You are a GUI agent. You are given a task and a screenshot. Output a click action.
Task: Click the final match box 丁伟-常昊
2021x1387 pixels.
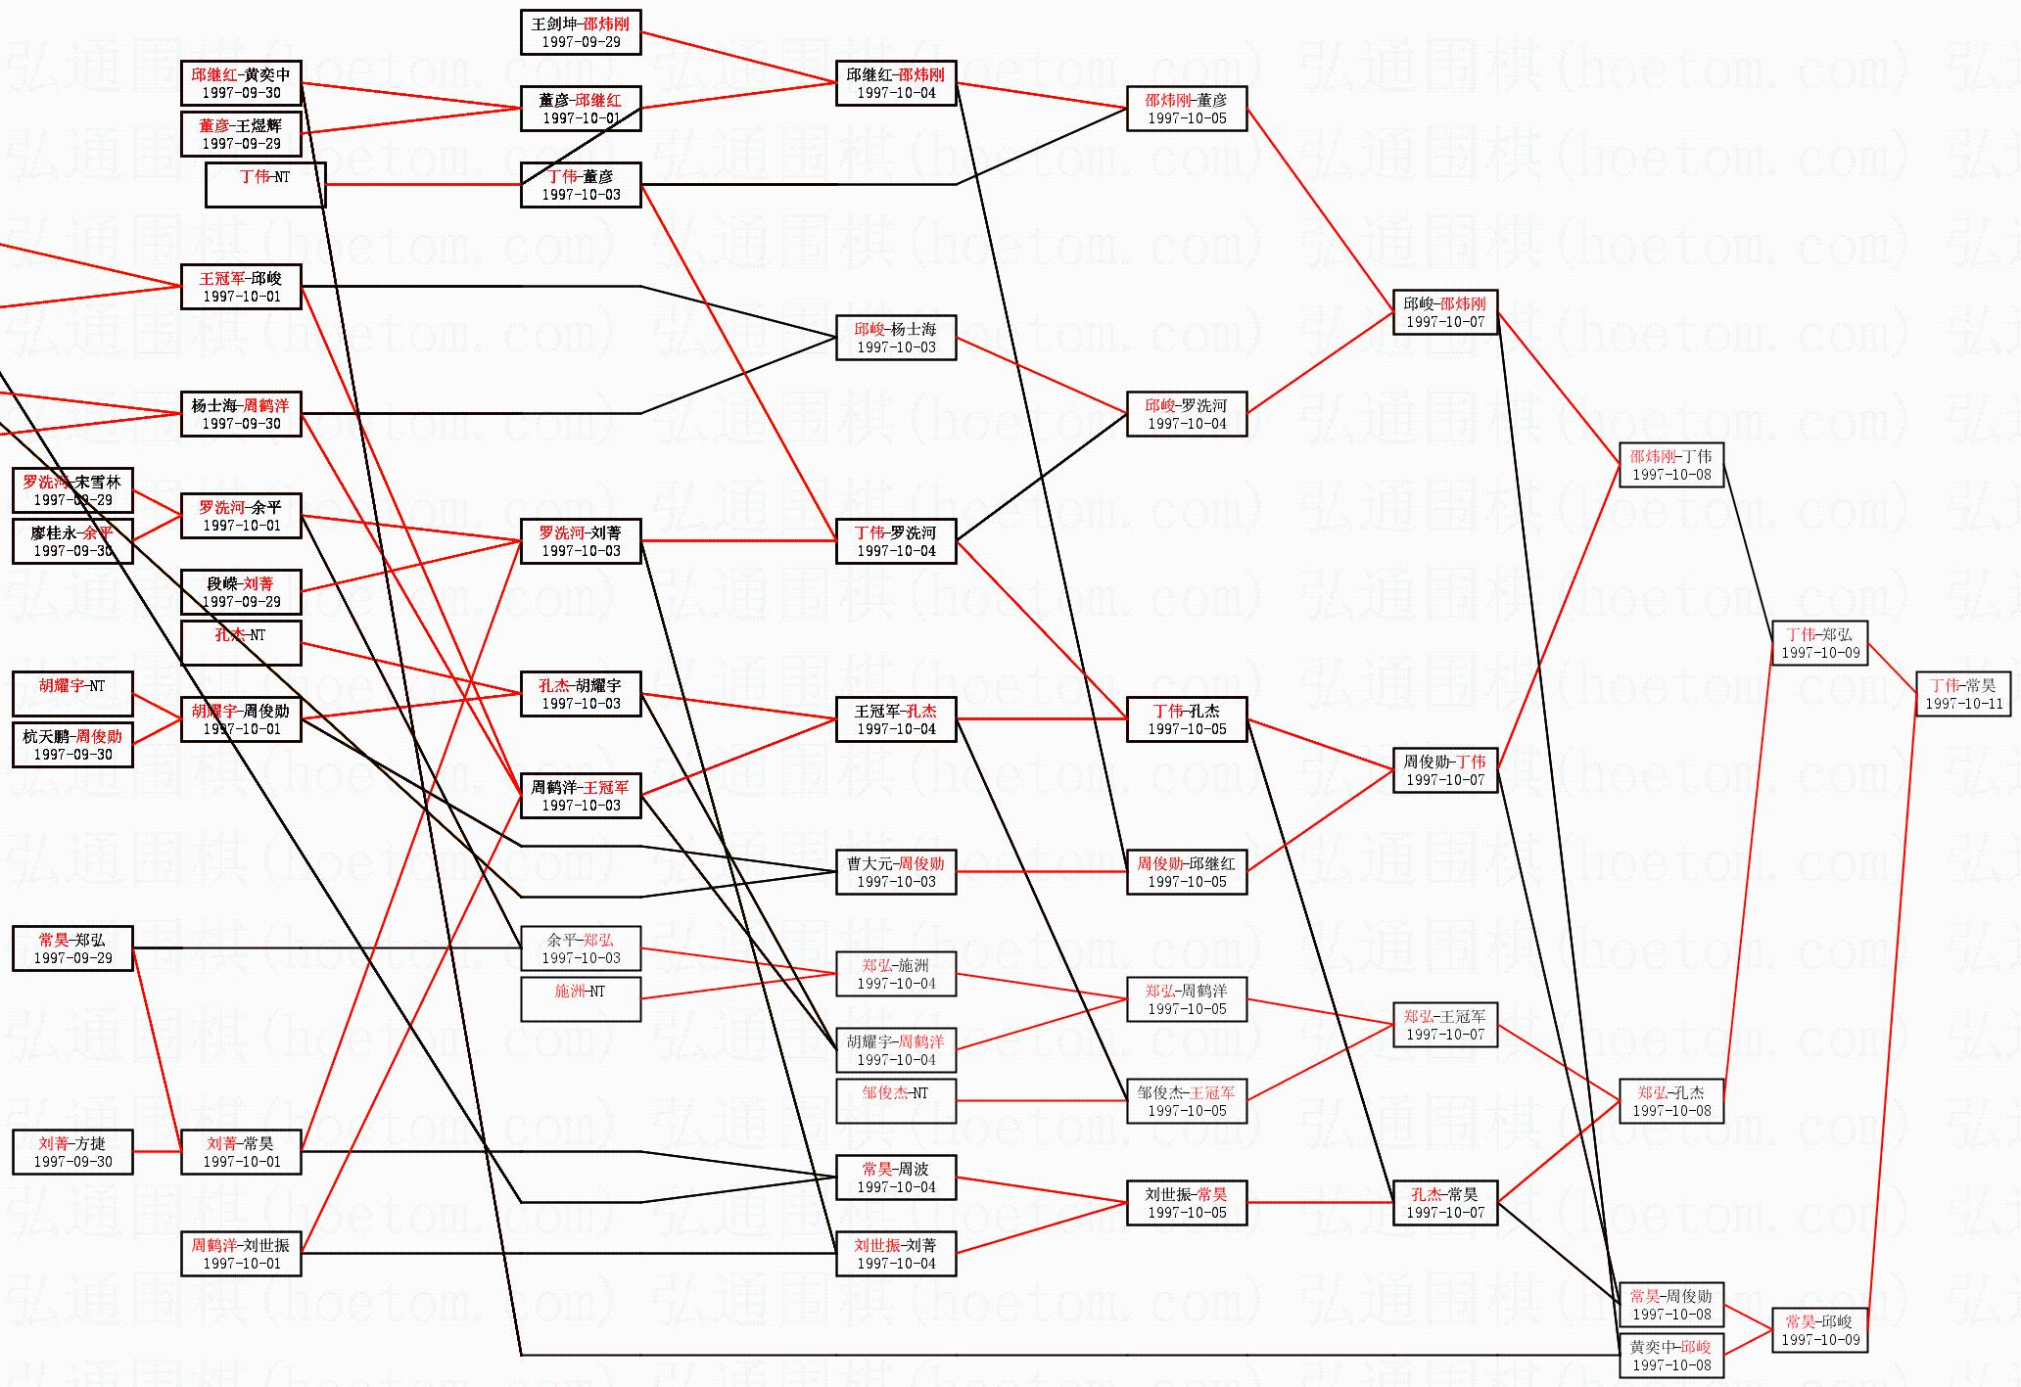coord(1962,694)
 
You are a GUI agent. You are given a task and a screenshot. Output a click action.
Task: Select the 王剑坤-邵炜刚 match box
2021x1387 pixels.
coord(581,32)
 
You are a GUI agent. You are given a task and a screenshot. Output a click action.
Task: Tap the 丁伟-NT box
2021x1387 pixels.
coord(264,185)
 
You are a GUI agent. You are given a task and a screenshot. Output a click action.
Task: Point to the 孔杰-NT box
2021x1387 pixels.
coord(241,643)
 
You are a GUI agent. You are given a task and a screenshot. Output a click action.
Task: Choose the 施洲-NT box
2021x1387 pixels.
coord(581,999)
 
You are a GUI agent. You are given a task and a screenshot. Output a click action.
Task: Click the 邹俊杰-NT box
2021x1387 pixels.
coord(895,1101)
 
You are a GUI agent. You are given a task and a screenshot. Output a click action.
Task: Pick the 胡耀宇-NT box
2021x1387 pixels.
coord(72,694)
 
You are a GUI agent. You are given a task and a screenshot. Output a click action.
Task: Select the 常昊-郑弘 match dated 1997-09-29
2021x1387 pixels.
coord(72,948)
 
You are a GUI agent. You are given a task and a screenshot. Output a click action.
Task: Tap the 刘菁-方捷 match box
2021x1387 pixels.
coord(72,1152)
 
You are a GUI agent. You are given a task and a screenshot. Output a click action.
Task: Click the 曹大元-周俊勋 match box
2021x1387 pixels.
coord(895,872)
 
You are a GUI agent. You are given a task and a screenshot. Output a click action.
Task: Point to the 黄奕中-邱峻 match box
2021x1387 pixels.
coord(1670,1356)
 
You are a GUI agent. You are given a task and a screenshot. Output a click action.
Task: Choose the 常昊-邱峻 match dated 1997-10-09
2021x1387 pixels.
coord(1819,1330)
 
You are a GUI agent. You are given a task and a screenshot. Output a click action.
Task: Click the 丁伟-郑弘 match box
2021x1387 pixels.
coord(1819,643)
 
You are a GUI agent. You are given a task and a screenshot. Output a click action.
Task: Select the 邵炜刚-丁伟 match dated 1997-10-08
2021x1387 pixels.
coord(1670,465)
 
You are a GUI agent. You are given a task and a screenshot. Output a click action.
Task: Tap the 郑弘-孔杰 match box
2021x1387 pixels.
coord(1670,1101)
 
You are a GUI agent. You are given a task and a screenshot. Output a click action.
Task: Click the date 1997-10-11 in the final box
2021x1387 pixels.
coord(1963,704)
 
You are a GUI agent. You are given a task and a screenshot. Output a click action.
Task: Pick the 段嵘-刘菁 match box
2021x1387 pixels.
coord(241,592)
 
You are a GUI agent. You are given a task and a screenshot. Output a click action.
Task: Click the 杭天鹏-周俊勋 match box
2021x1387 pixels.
coord(72,745)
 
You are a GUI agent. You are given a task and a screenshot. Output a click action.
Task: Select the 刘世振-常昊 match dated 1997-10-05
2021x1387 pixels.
coord(1186,1203)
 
